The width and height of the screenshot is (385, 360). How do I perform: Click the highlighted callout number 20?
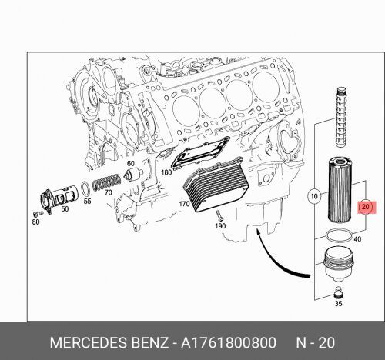(366, 207)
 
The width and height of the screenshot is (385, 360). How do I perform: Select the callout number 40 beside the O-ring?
(357, 238)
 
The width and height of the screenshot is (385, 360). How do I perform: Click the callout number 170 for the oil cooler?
(183, 205)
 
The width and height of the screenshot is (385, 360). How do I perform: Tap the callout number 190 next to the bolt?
(219, 227)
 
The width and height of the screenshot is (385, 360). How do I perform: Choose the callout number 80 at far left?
(35, 222)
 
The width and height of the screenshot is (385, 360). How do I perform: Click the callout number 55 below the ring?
(88, 201)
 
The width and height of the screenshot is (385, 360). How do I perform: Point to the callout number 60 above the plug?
(130, 164)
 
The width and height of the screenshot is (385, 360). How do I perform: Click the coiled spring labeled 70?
(104, 182)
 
